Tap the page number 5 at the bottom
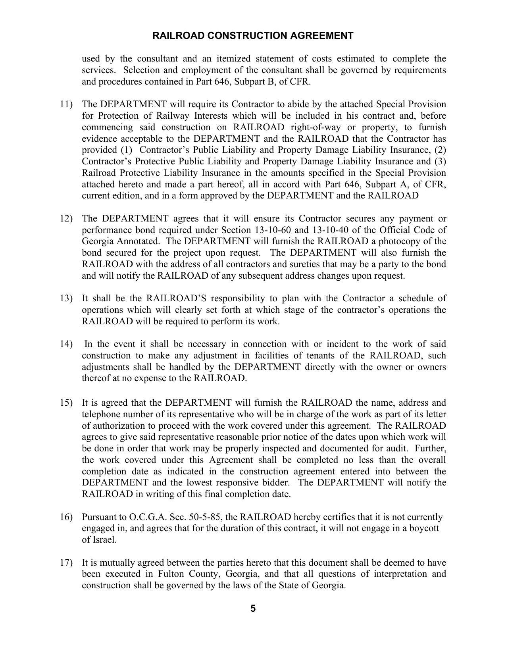(253, 609)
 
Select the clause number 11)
(66, 104)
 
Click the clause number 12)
(66, 219)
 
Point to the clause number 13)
(66, 299)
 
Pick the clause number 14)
(66, 344)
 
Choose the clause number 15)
(66, 403)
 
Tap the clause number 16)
(66, 517)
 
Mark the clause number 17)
(66, 563)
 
